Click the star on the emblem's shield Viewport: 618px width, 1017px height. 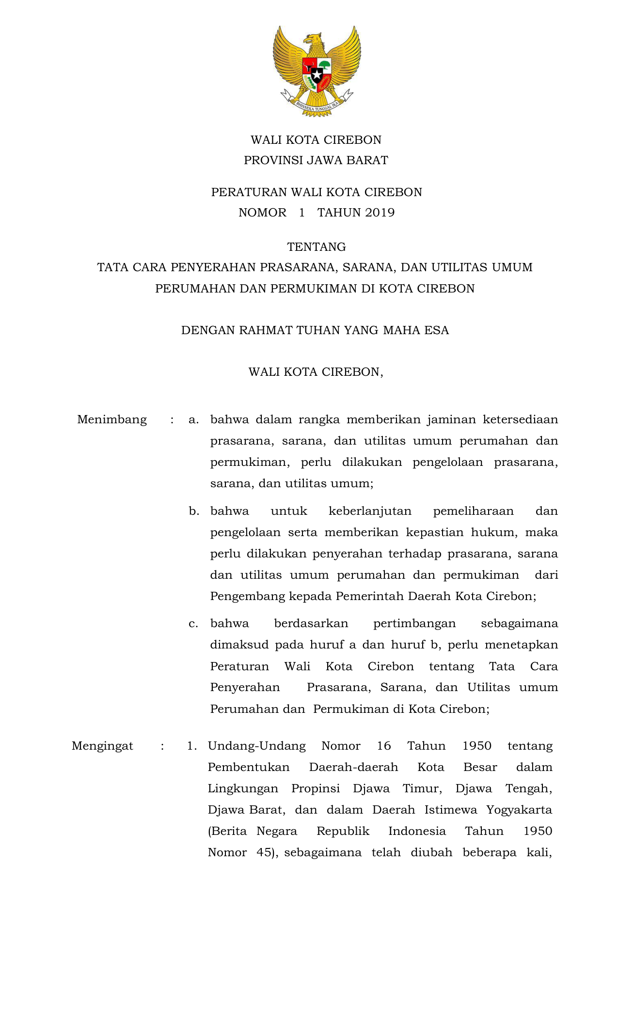click(x=317, y=75)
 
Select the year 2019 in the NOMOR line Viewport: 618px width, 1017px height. click(x=380, y=213)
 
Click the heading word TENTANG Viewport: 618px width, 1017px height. click(x=317, y=247)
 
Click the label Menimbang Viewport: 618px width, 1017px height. click(x=112, y=419)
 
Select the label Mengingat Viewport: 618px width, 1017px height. click(x=102, y=746)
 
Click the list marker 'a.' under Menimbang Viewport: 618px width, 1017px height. click(x=194, y=419)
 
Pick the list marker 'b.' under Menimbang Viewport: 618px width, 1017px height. click(x=194, y=511)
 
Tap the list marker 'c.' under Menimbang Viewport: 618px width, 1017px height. click(x=193, y=623)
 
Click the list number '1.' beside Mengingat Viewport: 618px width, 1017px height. click(x=192, y=746)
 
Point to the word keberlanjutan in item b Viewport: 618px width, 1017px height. click(x=370, y=511)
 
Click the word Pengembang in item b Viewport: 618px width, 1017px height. click(x=247, y=596)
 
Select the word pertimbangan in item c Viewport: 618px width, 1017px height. click(x=414, y=623)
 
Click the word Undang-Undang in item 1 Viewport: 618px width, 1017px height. click(x=257, y=746)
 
